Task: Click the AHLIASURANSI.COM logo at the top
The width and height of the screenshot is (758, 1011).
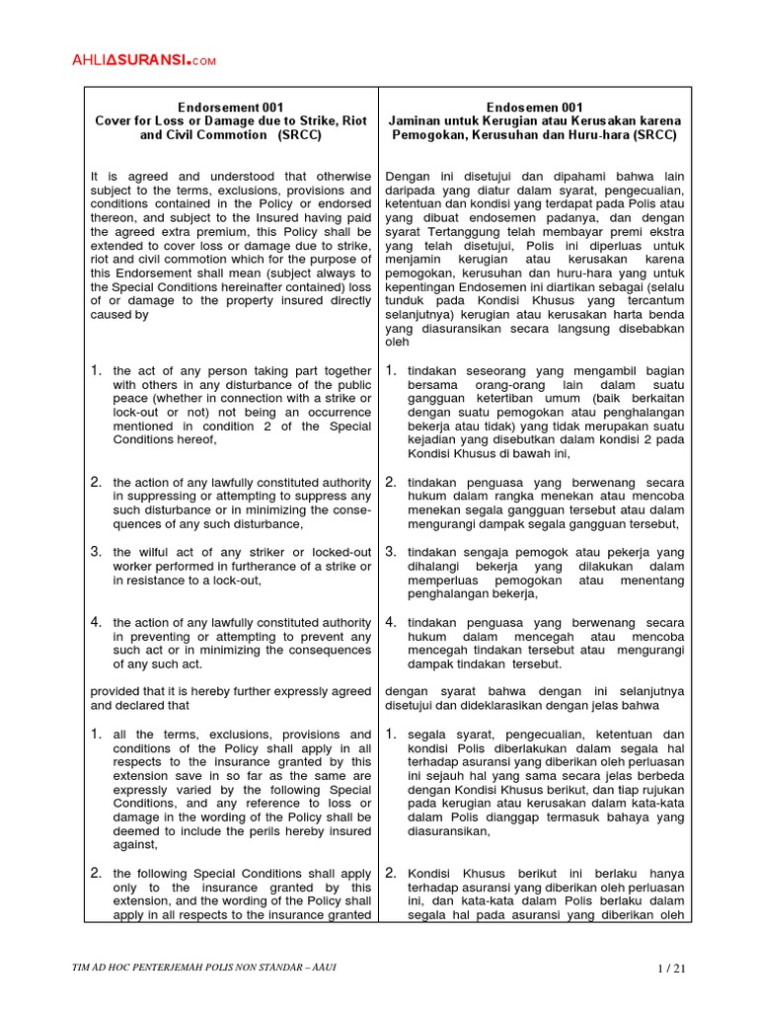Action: (x=143, y=61)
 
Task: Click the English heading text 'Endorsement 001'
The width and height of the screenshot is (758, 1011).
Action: (x=230, y=107)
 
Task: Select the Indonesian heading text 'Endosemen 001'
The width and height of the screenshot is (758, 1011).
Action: (x=534, y=107)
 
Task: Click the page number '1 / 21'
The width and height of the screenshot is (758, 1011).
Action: (x=670, y=968)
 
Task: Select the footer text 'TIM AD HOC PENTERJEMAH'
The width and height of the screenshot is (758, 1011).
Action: (x=158, y=968)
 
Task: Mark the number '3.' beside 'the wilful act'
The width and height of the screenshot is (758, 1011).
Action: (x=97, y=551)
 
